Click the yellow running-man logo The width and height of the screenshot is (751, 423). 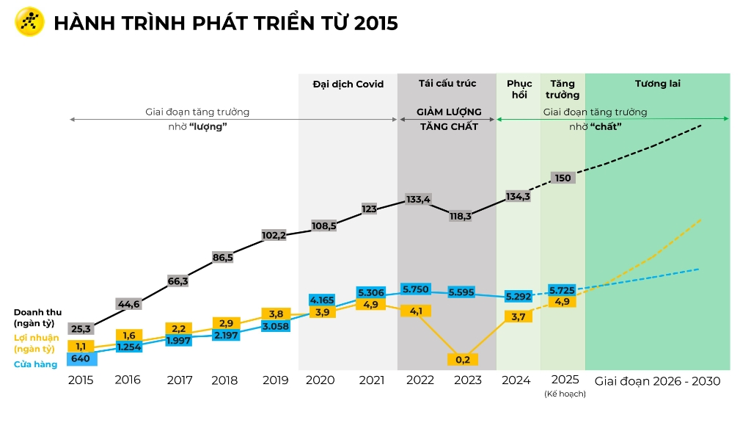pos(29,22)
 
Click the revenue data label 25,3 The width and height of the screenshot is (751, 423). pos(81,328)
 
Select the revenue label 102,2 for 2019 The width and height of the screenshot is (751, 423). pos(274,236)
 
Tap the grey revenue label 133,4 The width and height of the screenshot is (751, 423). pos(418,199)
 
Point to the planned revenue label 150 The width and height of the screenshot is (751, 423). pos(563,178)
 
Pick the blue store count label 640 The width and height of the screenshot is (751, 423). pos(81,359)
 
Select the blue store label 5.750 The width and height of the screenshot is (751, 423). pos(415,289)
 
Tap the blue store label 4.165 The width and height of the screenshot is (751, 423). pos(322,300)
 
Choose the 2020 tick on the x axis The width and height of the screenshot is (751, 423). pos(320,380)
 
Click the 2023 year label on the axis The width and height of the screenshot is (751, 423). pos(468,380)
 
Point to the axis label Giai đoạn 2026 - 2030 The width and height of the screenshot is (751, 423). pos(657,381)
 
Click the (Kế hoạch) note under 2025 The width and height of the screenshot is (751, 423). pos(565,394)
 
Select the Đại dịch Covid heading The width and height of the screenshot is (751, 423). pos(348,84)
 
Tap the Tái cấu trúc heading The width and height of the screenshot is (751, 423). pos(447,83)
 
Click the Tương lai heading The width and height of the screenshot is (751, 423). pos(657,83)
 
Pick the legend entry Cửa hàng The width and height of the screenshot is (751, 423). pos(35,364)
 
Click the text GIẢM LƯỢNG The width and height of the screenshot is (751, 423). pos(449,112)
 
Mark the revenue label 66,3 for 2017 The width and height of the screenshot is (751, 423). pos(178,281)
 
